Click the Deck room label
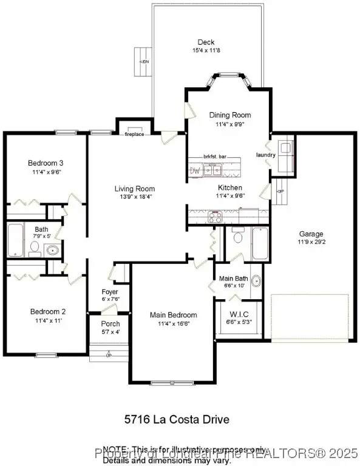206,42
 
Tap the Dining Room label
229,115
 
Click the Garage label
311,234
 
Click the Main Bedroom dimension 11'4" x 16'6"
174,324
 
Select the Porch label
110,323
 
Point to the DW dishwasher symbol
195,171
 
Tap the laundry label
266,155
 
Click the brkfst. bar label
215,157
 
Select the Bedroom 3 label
46,163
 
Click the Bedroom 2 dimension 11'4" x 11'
48,320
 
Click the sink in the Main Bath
256,281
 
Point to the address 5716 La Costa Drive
177,419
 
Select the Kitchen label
230,187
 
